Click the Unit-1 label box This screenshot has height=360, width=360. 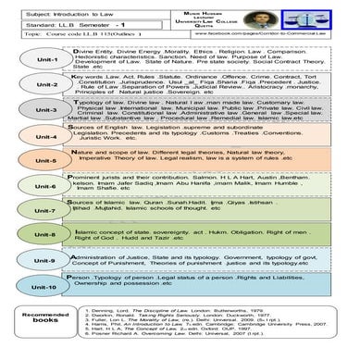(x=41, y=59)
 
